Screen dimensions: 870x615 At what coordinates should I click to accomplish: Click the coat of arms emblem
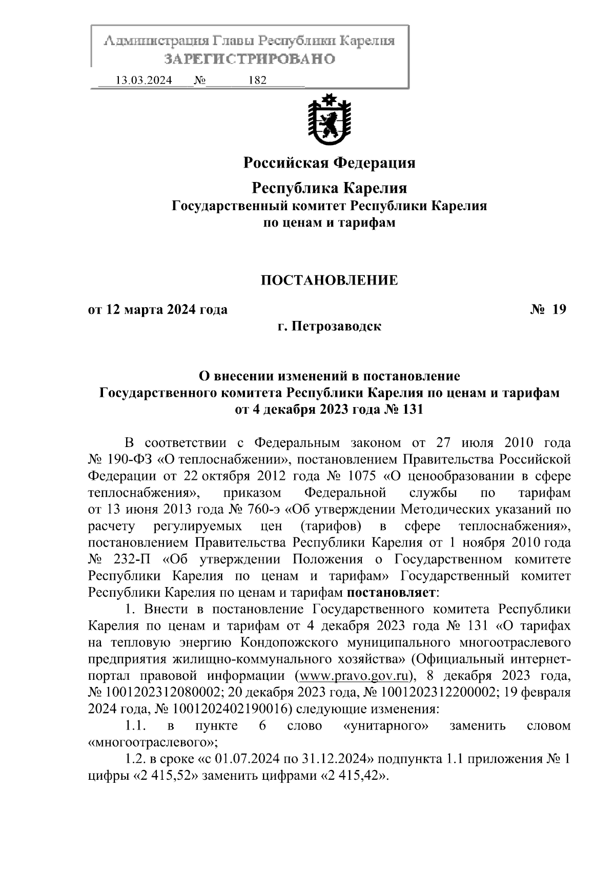(x=329, y=121)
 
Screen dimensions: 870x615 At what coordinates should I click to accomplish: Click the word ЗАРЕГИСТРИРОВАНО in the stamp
(x=250, y=59)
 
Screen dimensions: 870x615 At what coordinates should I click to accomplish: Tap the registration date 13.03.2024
(x=143, y=80)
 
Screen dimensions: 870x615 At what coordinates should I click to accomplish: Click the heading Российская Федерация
(x=329, y=163)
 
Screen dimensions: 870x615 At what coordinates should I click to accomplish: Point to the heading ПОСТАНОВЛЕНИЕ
(x=329, y=280)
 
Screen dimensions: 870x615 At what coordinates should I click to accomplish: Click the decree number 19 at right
(x=559, y=310)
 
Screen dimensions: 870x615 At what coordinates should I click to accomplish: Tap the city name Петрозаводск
(x=337, y=326)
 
